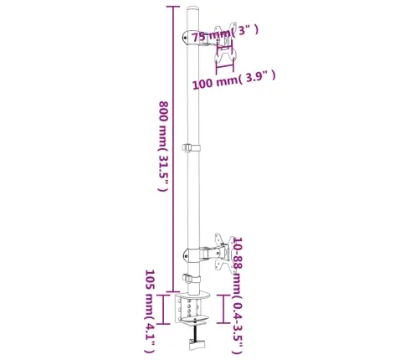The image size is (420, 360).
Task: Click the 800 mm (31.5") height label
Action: (163, 147)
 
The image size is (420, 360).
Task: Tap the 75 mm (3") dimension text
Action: (225, 33)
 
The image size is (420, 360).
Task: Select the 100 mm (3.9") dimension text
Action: (234, 80)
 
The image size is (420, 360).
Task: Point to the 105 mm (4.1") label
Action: (150, 311)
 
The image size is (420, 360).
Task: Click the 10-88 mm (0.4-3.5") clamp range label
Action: (238, 295)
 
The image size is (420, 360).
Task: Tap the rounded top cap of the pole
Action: (193, 10)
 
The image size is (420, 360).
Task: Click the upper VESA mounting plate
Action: (223, 44)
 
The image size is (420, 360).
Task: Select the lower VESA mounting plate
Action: (223, 252)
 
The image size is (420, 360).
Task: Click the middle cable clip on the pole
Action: (192, 147)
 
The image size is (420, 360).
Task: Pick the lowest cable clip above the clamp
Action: (192, 279)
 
